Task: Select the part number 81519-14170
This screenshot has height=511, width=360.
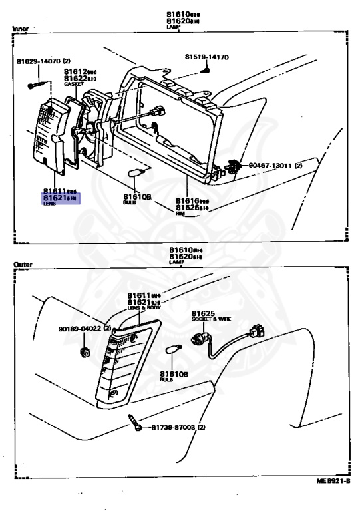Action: pyautogui.click(x=206, y=57)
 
